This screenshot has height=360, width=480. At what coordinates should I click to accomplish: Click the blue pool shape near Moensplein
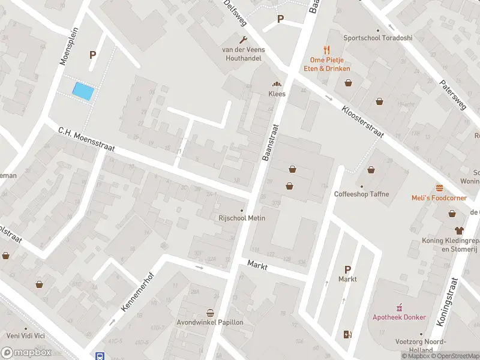pyautogui.click(x=83, y=91)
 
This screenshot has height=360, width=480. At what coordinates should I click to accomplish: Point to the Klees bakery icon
pyautogui.click(x=277, y=85)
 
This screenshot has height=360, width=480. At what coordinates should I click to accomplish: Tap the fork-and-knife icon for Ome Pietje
pyautogui.click(x=326, y=50)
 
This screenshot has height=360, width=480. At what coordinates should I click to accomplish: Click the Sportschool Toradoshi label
pyautogui.click(x=378, y=38)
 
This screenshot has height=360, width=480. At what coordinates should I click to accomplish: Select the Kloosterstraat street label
pyautogui.click(x=362, y=122)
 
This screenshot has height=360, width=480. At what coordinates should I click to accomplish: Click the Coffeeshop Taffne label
pyautogui.click(x=362, y=194)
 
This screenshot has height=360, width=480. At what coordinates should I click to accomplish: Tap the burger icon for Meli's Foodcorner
pyautogui.click(x=439, y=188)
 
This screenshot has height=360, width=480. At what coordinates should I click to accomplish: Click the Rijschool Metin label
pyautogui.click(x=242, y=218)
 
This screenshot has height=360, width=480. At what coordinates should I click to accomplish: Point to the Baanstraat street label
pyautogui.click(x=271, y=142)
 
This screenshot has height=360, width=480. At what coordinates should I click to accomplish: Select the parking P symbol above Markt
pyautogui.click(x=347, y=269)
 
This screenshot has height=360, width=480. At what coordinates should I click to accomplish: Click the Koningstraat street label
pyautogui.click(x=447, y=301)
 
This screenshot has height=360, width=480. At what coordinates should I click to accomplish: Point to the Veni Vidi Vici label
pyautogui.click(x=25, y=335)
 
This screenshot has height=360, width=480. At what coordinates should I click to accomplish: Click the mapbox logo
pyautogui.click(x=27, y=353)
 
